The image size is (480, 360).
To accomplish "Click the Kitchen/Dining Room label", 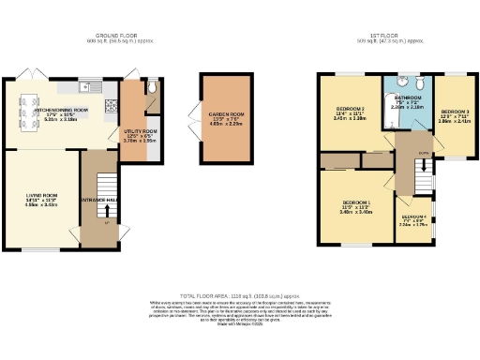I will (x=61, y=110).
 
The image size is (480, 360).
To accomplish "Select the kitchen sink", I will (x=86, y=86).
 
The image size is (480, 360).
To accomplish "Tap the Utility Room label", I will (x=139, y=133).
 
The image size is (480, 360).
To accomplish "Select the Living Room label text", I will (x=41, y=196).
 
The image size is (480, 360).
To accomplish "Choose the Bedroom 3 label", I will (x=455, y=114).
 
